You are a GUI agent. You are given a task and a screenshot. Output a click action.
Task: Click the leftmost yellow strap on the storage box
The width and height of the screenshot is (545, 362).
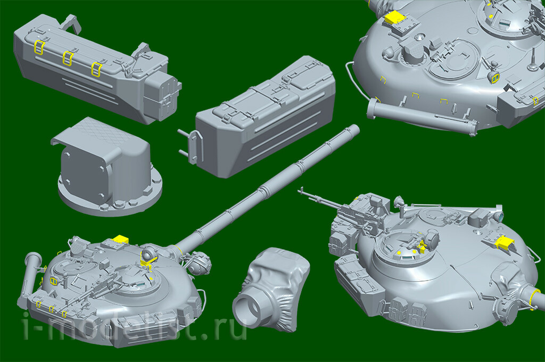tap(38, 47)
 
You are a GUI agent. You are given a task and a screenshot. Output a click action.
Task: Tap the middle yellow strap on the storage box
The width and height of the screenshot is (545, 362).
tap(68, 58)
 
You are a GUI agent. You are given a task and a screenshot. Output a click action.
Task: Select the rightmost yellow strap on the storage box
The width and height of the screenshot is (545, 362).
tap(96, 69)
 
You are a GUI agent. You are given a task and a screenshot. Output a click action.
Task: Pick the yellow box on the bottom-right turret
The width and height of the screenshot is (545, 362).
tap(505, 242)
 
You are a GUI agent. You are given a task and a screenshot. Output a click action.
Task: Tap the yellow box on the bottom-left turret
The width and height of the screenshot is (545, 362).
tap(121, 239)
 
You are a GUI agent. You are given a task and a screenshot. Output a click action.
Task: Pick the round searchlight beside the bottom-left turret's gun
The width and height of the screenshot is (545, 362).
tap(200, 263)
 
